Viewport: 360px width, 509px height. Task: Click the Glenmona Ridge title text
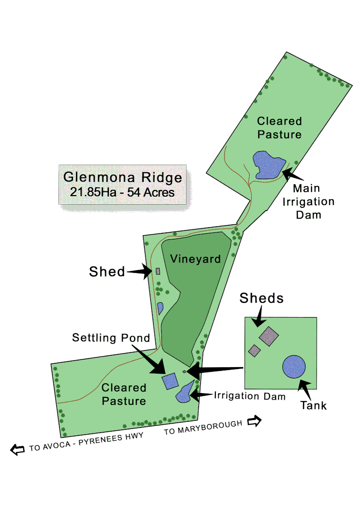(x=123, y=178)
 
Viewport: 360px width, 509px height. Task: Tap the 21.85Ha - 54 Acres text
(x=123, y=192)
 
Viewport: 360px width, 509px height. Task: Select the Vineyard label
(x=196, y=259)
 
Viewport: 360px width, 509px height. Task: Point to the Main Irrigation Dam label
(x=313, y=202)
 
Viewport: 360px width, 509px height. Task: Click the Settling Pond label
(x=111, y=338)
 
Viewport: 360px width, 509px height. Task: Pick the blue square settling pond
(x=170, y=380)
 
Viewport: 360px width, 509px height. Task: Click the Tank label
(x=314, y=405)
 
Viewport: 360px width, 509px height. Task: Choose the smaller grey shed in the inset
(x=254, y=351)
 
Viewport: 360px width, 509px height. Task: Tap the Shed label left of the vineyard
(x=107, y=271)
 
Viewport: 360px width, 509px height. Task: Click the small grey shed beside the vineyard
(x=158, y=271)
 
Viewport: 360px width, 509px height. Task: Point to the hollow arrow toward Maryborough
(x=254, y=421)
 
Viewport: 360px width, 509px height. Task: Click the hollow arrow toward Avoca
(x=18, y=450)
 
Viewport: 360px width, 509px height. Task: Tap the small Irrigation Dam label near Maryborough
(x=250, y=396)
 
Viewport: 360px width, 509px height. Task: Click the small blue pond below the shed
(x=160, y=308)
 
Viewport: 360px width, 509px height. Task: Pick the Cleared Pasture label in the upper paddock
(x=279, y=128)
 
